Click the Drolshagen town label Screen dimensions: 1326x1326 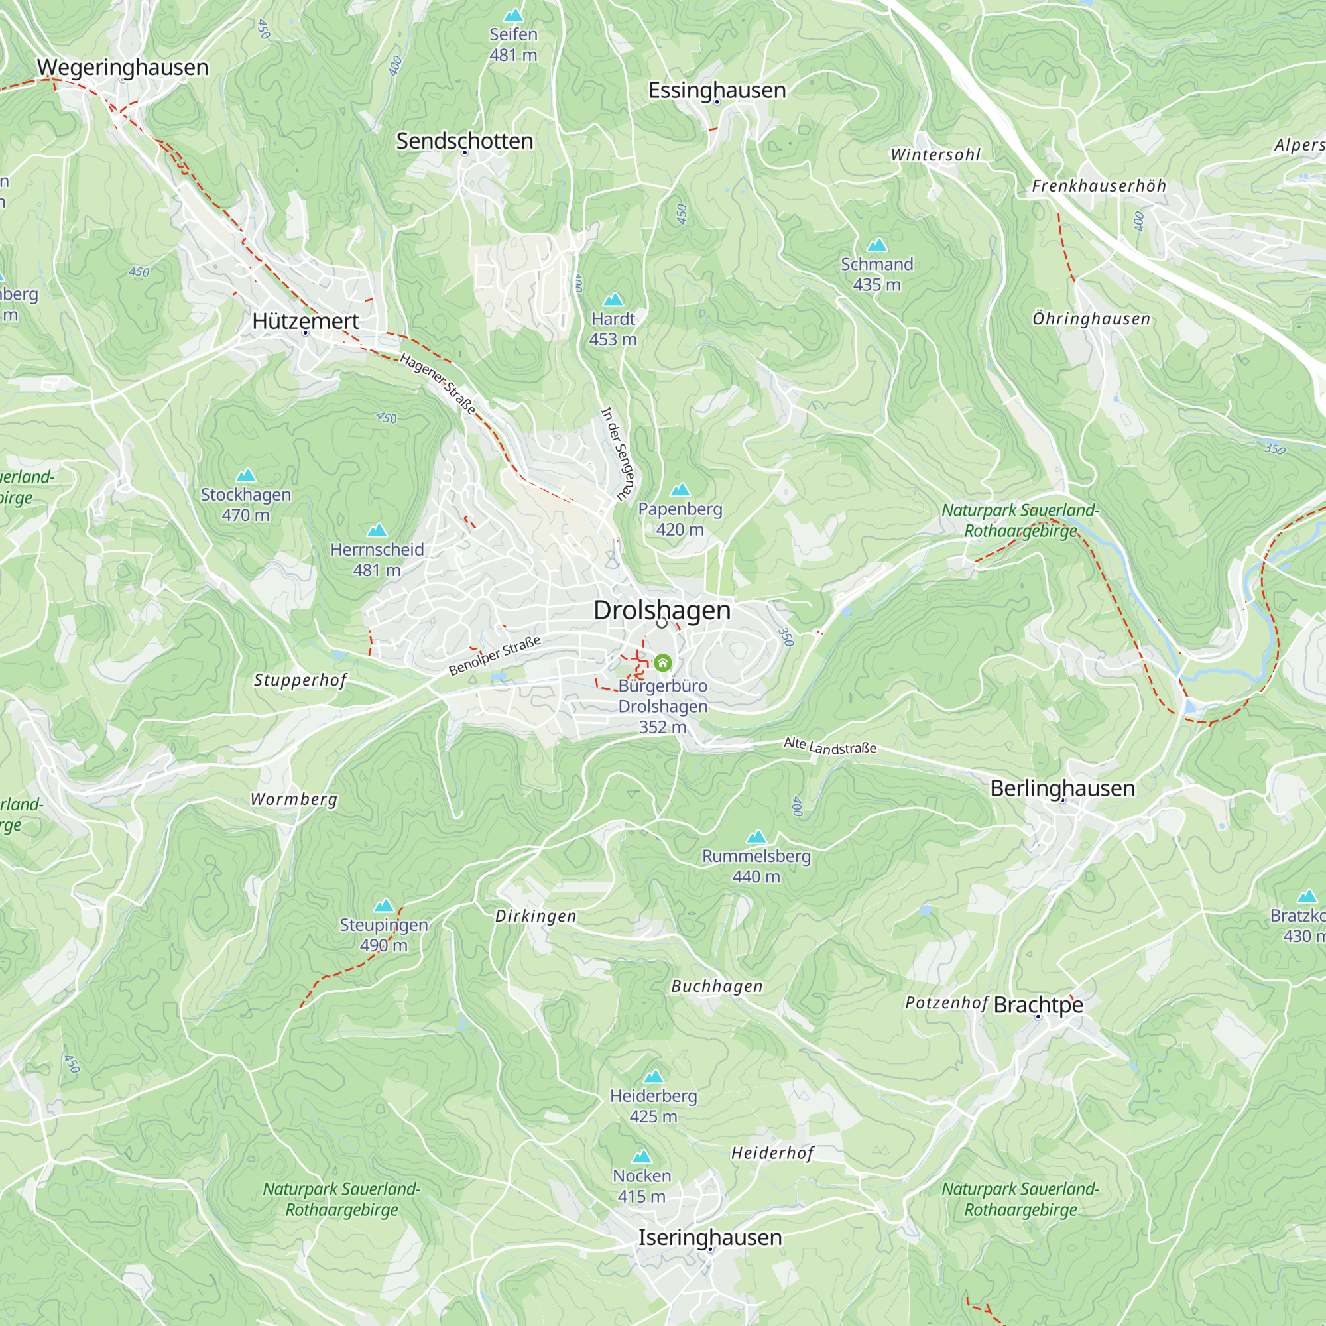coord(662,610)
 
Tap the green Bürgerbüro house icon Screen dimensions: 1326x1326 coord(662,662)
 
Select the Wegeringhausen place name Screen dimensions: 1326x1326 coord(122,67)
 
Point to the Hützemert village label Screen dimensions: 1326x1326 coord(306,320)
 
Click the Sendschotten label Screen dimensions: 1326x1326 coord(465,141)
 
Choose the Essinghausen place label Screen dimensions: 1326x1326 coord(717,90)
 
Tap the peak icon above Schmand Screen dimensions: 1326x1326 coord(876,245)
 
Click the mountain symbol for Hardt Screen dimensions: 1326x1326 coord(613,300)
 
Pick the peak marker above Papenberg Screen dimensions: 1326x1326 coord(680,489)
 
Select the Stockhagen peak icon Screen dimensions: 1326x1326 coord(246,475)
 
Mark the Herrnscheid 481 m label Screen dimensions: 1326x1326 coord(377,560)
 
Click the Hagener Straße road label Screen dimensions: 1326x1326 coord(437,385)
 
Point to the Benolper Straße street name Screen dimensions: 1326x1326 coord(494,656)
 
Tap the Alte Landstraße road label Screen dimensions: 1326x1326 coord(830,745)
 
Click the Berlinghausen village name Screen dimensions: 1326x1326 coord(1061,788)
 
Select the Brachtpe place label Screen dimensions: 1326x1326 coord(1038,1005)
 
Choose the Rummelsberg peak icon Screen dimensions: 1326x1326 coord(756,837)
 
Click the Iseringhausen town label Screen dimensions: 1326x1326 coord(709,1237)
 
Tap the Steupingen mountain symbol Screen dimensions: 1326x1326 coord(384,906)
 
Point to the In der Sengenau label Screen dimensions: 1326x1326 coord(619,453)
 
